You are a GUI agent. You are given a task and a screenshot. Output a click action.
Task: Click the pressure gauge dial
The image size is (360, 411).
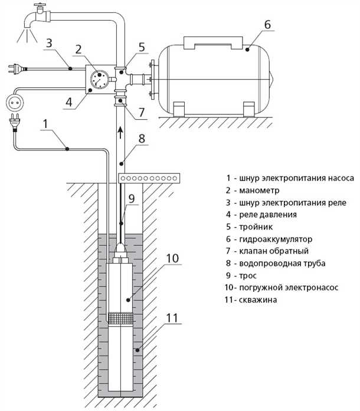(x=100, y=78)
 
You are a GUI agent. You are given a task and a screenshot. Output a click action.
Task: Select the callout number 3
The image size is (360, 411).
(x=50, y=42)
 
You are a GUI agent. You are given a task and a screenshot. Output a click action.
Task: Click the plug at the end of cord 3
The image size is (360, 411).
(x=12, y=70)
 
